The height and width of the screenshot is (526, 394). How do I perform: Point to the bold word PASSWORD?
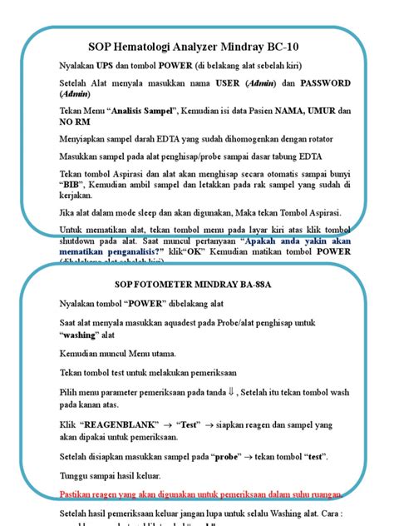(x=318, y=83)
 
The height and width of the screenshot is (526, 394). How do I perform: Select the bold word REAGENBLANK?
(x=119, y=424)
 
